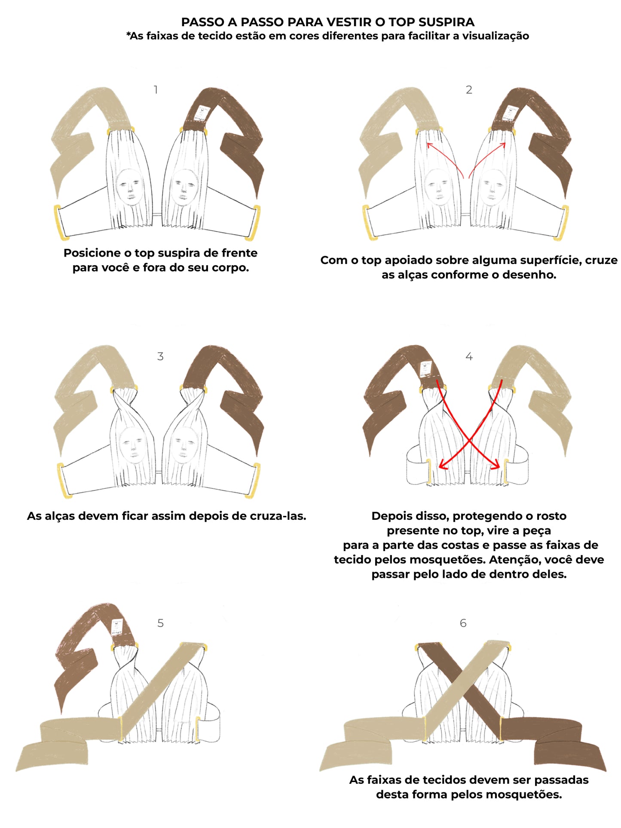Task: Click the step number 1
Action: pyautogui.click(x=156, y=90)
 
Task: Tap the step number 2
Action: pyautogui.click(x=469, y=90)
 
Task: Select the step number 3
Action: pyautogui.click(x=160, y=356)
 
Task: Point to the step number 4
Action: pyautogui.click(x=469, y=356)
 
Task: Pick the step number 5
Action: pyautogui.click(x=160, y=623)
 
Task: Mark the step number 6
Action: pyautogui.click(x=463, y=623)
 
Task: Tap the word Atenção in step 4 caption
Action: pyautogui.click(x=515, y=560)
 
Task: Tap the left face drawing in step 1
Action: pyautogui.click(x=130, y=187)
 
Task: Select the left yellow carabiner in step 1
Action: pyautogui.click(x=60, y=222)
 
